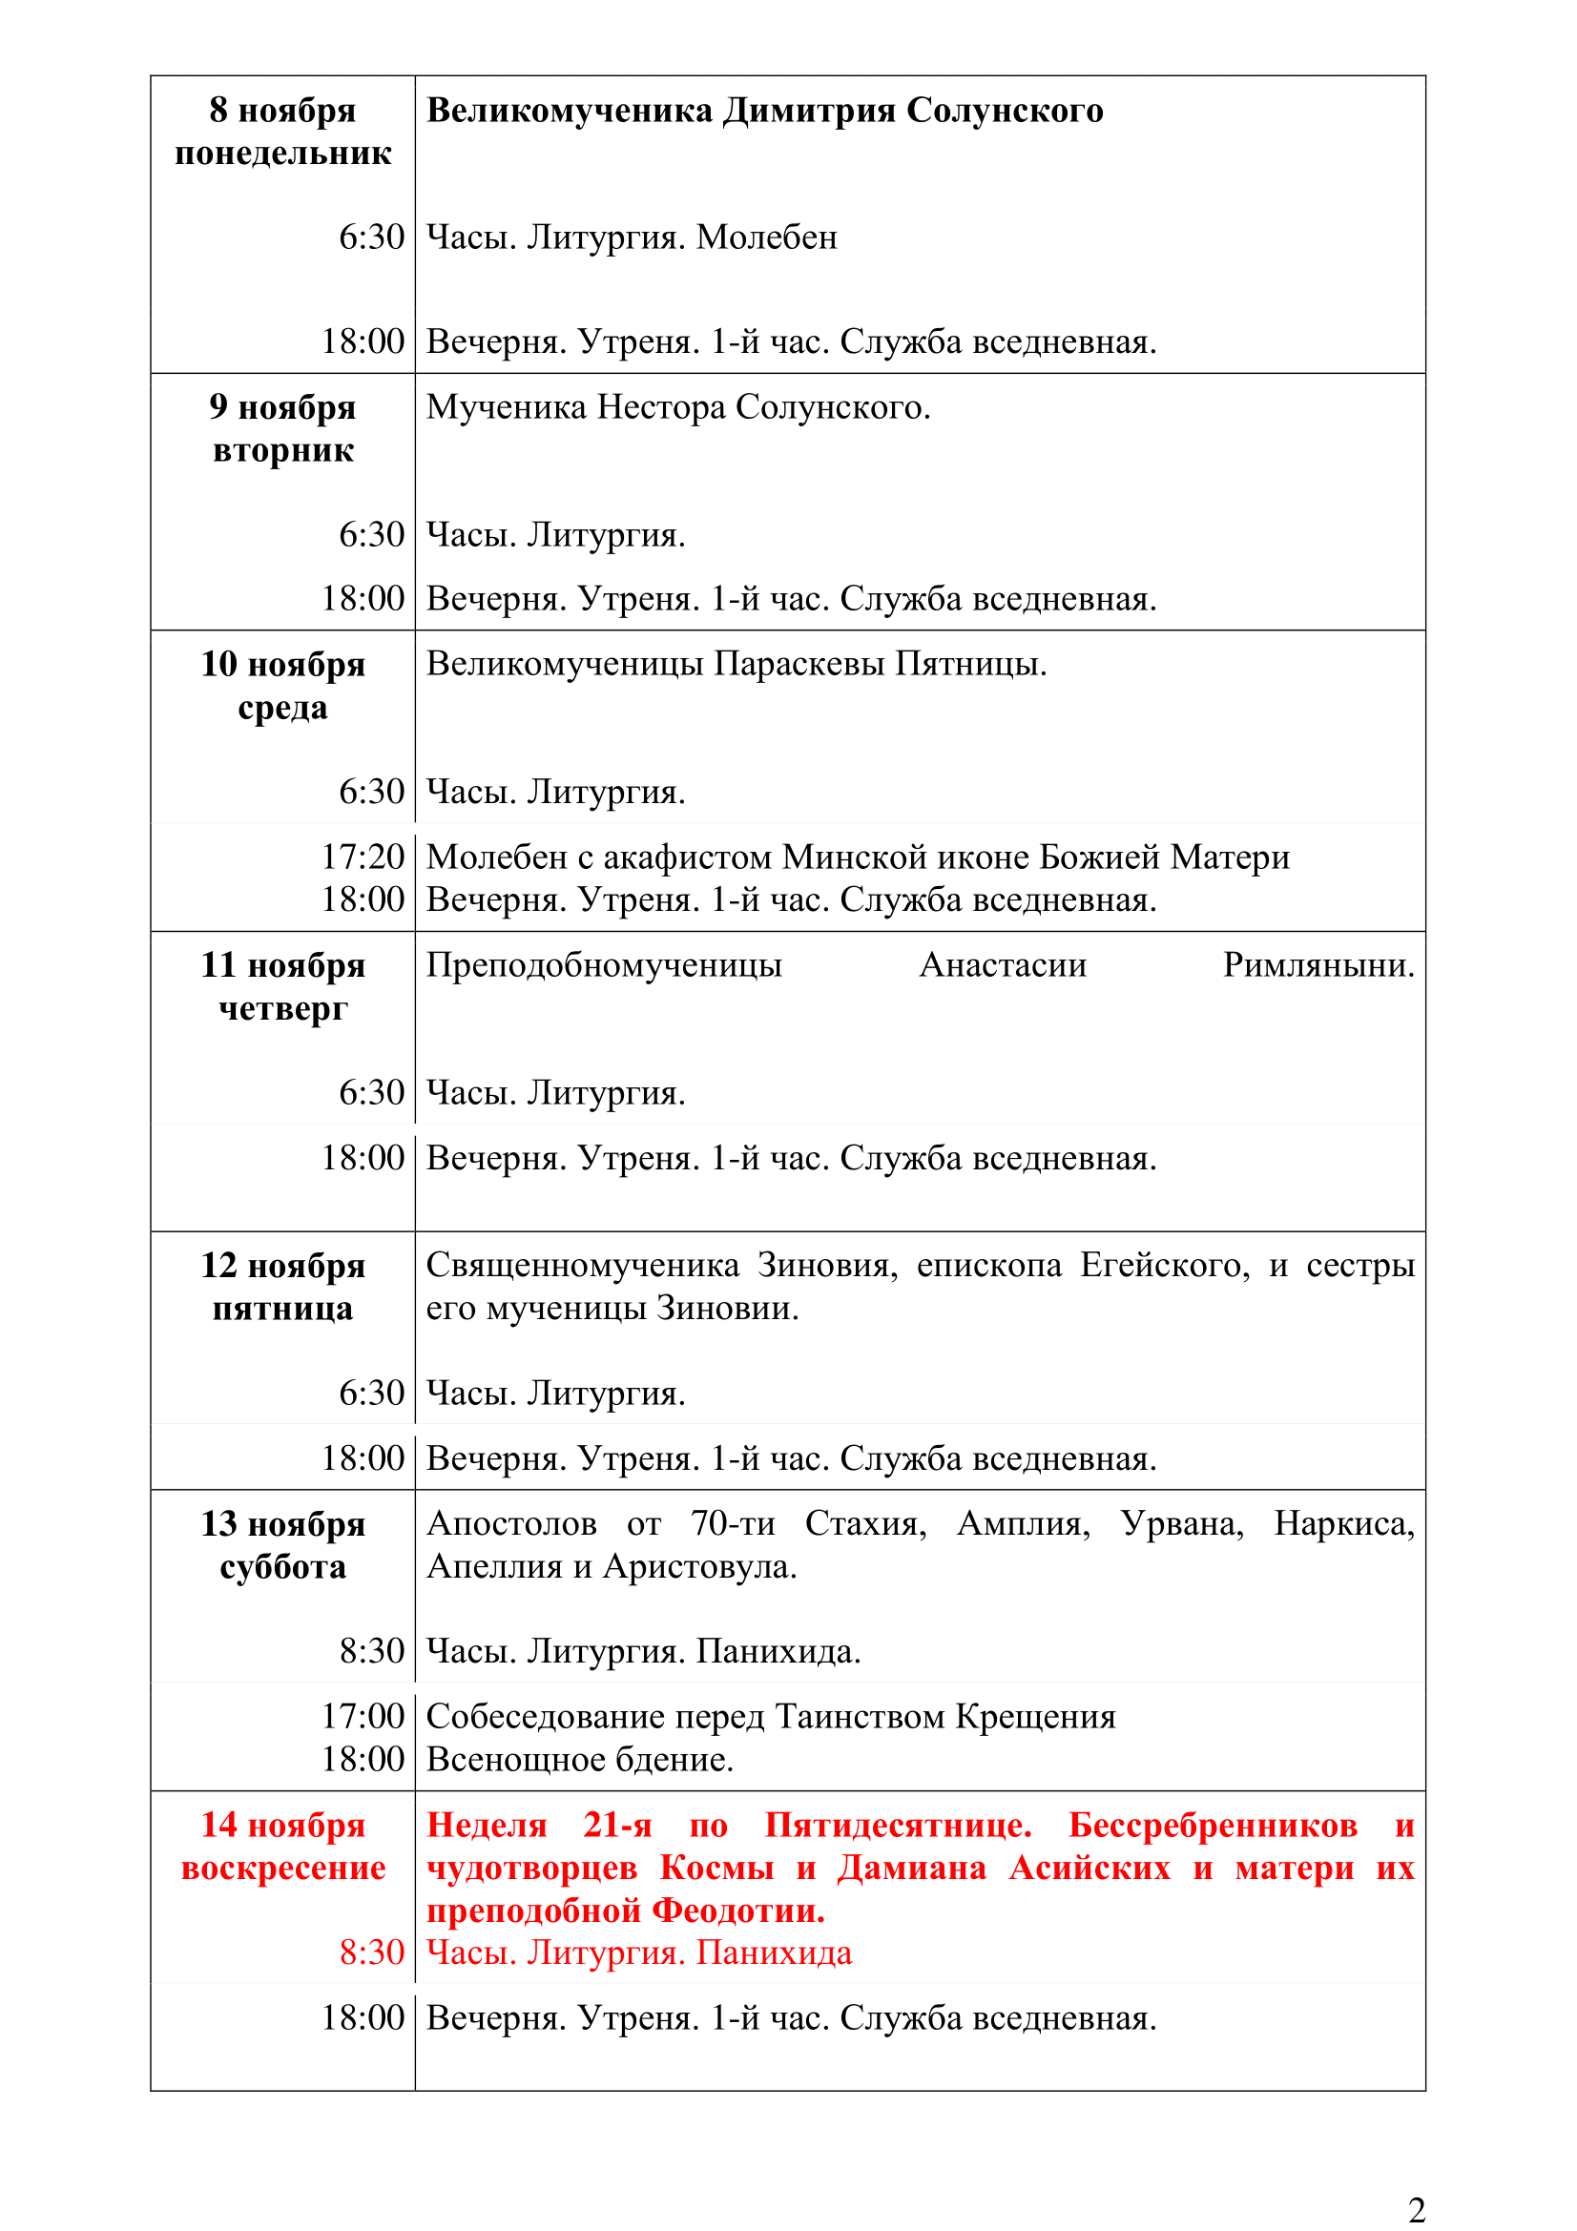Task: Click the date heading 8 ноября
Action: pyautogui.click(x=281, y=111)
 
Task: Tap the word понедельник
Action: pyautogui.click(x=282, y=154)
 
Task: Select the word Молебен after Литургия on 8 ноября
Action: pyautogui.click(x=767, y=238)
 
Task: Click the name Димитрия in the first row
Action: pyautogui.click(x=813, y=111)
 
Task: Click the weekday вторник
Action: pyautogui.click(x=282, y=451)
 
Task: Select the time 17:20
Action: pyautogui.click(x=363, y=857)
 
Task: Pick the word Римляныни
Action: pyautogui.click(x=1318, y=965)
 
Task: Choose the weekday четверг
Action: pyautogui.click(x=282, y=1008)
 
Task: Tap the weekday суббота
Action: pyautogui.click(x=282, y=1567)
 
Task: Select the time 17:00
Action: pyautogui.click(x=363, y=1717)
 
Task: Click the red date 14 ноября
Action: pyautogui.click(x=282, y=1825)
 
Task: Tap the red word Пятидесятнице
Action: pyautogui.click(x=897, y=1825)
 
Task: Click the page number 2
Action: pyautogui.click(x=1416, y=2210)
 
